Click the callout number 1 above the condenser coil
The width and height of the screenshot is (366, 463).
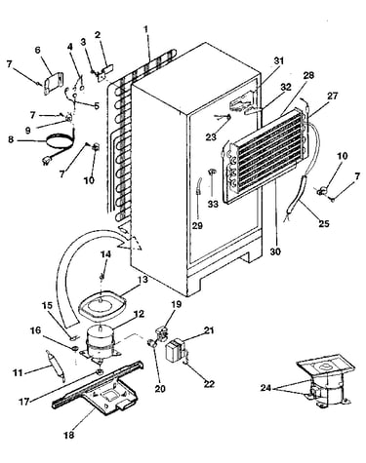[x=146, y=29]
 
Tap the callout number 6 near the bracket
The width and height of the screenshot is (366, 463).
[x=38, y=51]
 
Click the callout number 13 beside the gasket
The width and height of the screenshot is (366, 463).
[x=142, y=280]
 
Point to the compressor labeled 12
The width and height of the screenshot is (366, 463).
[x=102, y=343]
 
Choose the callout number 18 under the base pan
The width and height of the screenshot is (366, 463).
[x=69, y=435]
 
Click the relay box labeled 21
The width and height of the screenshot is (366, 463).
[x=176, y=349]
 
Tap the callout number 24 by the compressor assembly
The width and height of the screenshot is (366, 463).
[x=265, y=387]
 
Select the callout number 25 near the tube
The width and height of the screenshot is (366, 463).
[x=324, y=223]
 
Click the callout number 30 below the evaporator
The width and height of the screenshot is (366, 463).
[x=275, y=251]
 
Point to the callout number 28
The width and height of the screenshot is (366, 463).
[x=308, y=75]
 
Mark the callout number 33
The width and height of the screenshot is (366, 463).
[x=214, y=204]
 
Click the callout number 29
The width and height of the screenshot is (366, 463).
[x=197, y=225]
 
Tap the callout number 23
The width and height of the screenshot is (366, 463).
[x=211, y=136]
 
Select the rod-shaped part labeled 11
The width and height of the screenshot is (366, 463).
[x=56, y=365]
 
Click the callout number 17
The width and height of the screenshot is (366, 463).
[x=24, y=402]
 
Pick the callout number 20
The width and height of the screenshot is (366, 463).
[x=160, y=388]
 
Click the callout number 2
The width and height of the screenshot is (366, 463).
[x=98, y=35]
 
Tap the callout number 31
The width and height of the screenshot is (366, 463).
[x=279, y=60]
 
